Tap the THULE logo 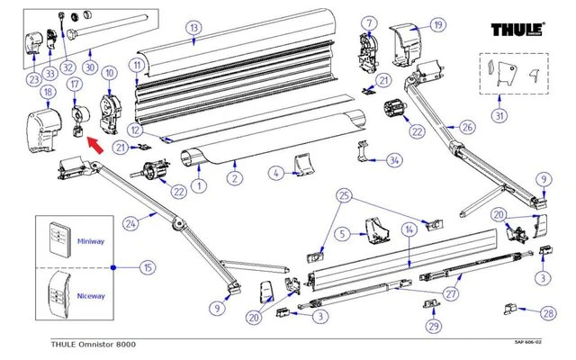pyautogui.click(x=522, y=30)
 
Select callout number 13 pyautogui.click(x=192, y=28)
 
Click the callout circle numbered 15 pyautogui.click(x=148, y=268)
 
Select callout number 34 pyautogui.click(x=393, y=160)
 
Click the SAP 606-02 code pyautogui.click(x=533, y=343)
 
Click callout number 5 pyautogui.click(x=342, y=235)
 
